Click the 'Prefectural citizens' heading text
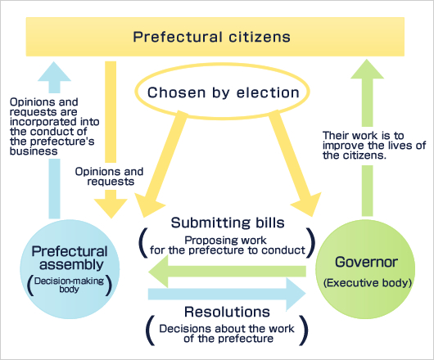coord(212,37)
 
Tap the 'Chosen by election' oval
coord(222,67)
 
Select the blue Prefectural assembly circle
coord(70,269)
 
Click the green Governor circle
coord(365,269)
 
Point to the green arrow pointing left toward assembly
coord(227,272)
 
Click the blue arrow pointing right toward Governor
coord(227,294)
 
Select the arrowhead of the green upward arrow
coord(367,69)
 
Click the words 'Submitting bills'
coord(228,223)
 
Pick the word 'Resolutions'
coord(227,312)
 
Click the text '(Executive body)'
coord(368,283)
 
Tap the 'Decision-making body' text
coord(70,285)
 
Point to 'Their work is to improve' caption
coord(374,146)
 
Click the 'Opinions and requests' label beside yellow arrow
coord(110,177)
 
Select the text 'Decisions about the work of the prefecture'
coord(227,334)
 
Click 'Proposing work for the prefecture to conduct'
coord(228,245)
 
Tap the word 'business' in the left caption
coord(34,151)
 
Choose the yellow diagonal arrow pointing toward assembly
coord(160,164)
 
